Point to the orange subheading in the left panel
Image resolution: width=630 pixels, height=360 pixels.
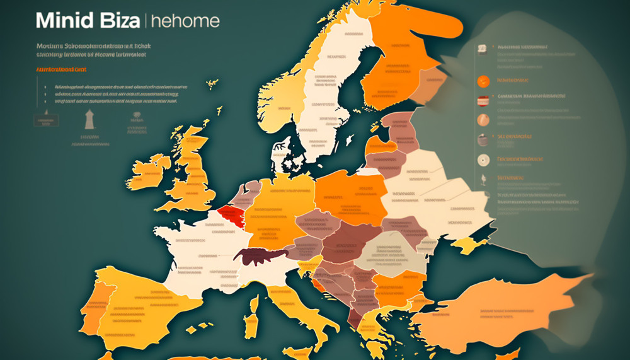(62, 71)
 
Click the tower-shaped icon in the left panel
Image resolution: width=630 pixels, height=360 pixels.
(89, 119)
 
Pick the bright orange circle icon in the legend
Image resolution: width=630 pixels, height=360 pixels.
(483, 81)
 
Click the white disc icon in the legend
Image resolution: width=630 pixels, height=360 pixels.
(483, 160)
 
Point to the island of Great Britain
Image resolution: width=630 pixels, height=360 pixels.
(189, 170)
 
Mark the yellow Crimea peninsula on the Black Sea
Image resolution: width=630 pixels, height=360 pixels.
(469, 245)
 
